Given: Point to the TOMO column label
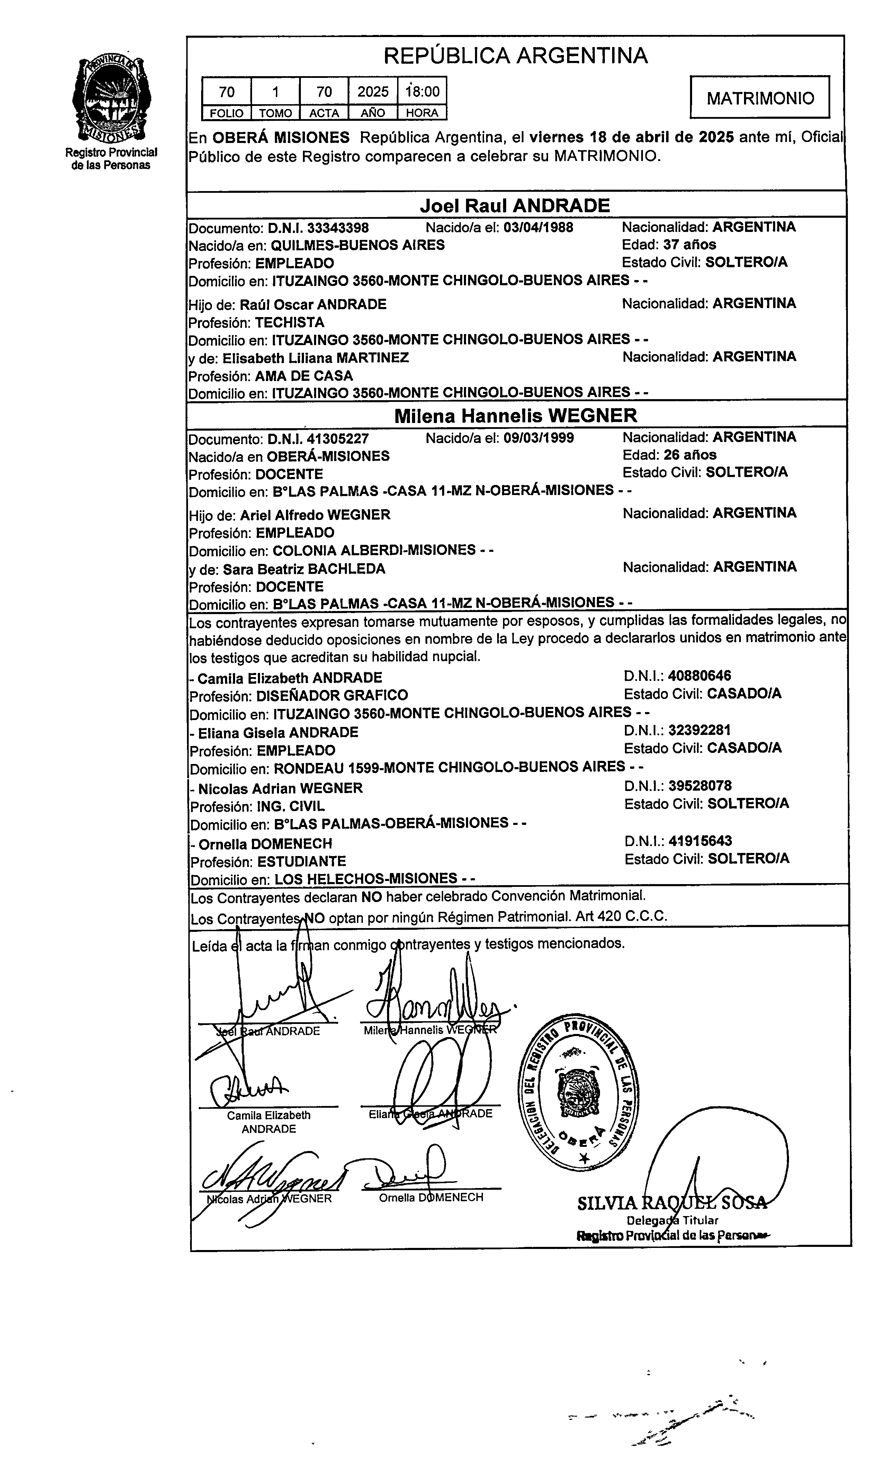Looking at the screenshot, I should (276, 113).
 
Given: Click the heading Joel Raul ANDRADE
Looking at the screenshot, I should (514, 206).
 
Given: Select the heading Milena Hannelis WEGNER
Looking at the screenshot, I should (516, 416).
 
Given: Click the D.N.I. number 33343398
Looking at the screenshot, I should (318, 228).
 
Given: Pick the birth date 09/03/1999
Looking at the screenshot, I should (539, 438).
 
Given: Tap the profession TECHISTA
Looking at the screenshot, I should (290, 323).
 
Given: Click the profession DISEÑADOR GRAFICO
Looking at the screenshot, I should (332, 695).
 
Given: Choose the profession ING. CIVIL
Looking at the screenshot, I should (290, 807).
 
